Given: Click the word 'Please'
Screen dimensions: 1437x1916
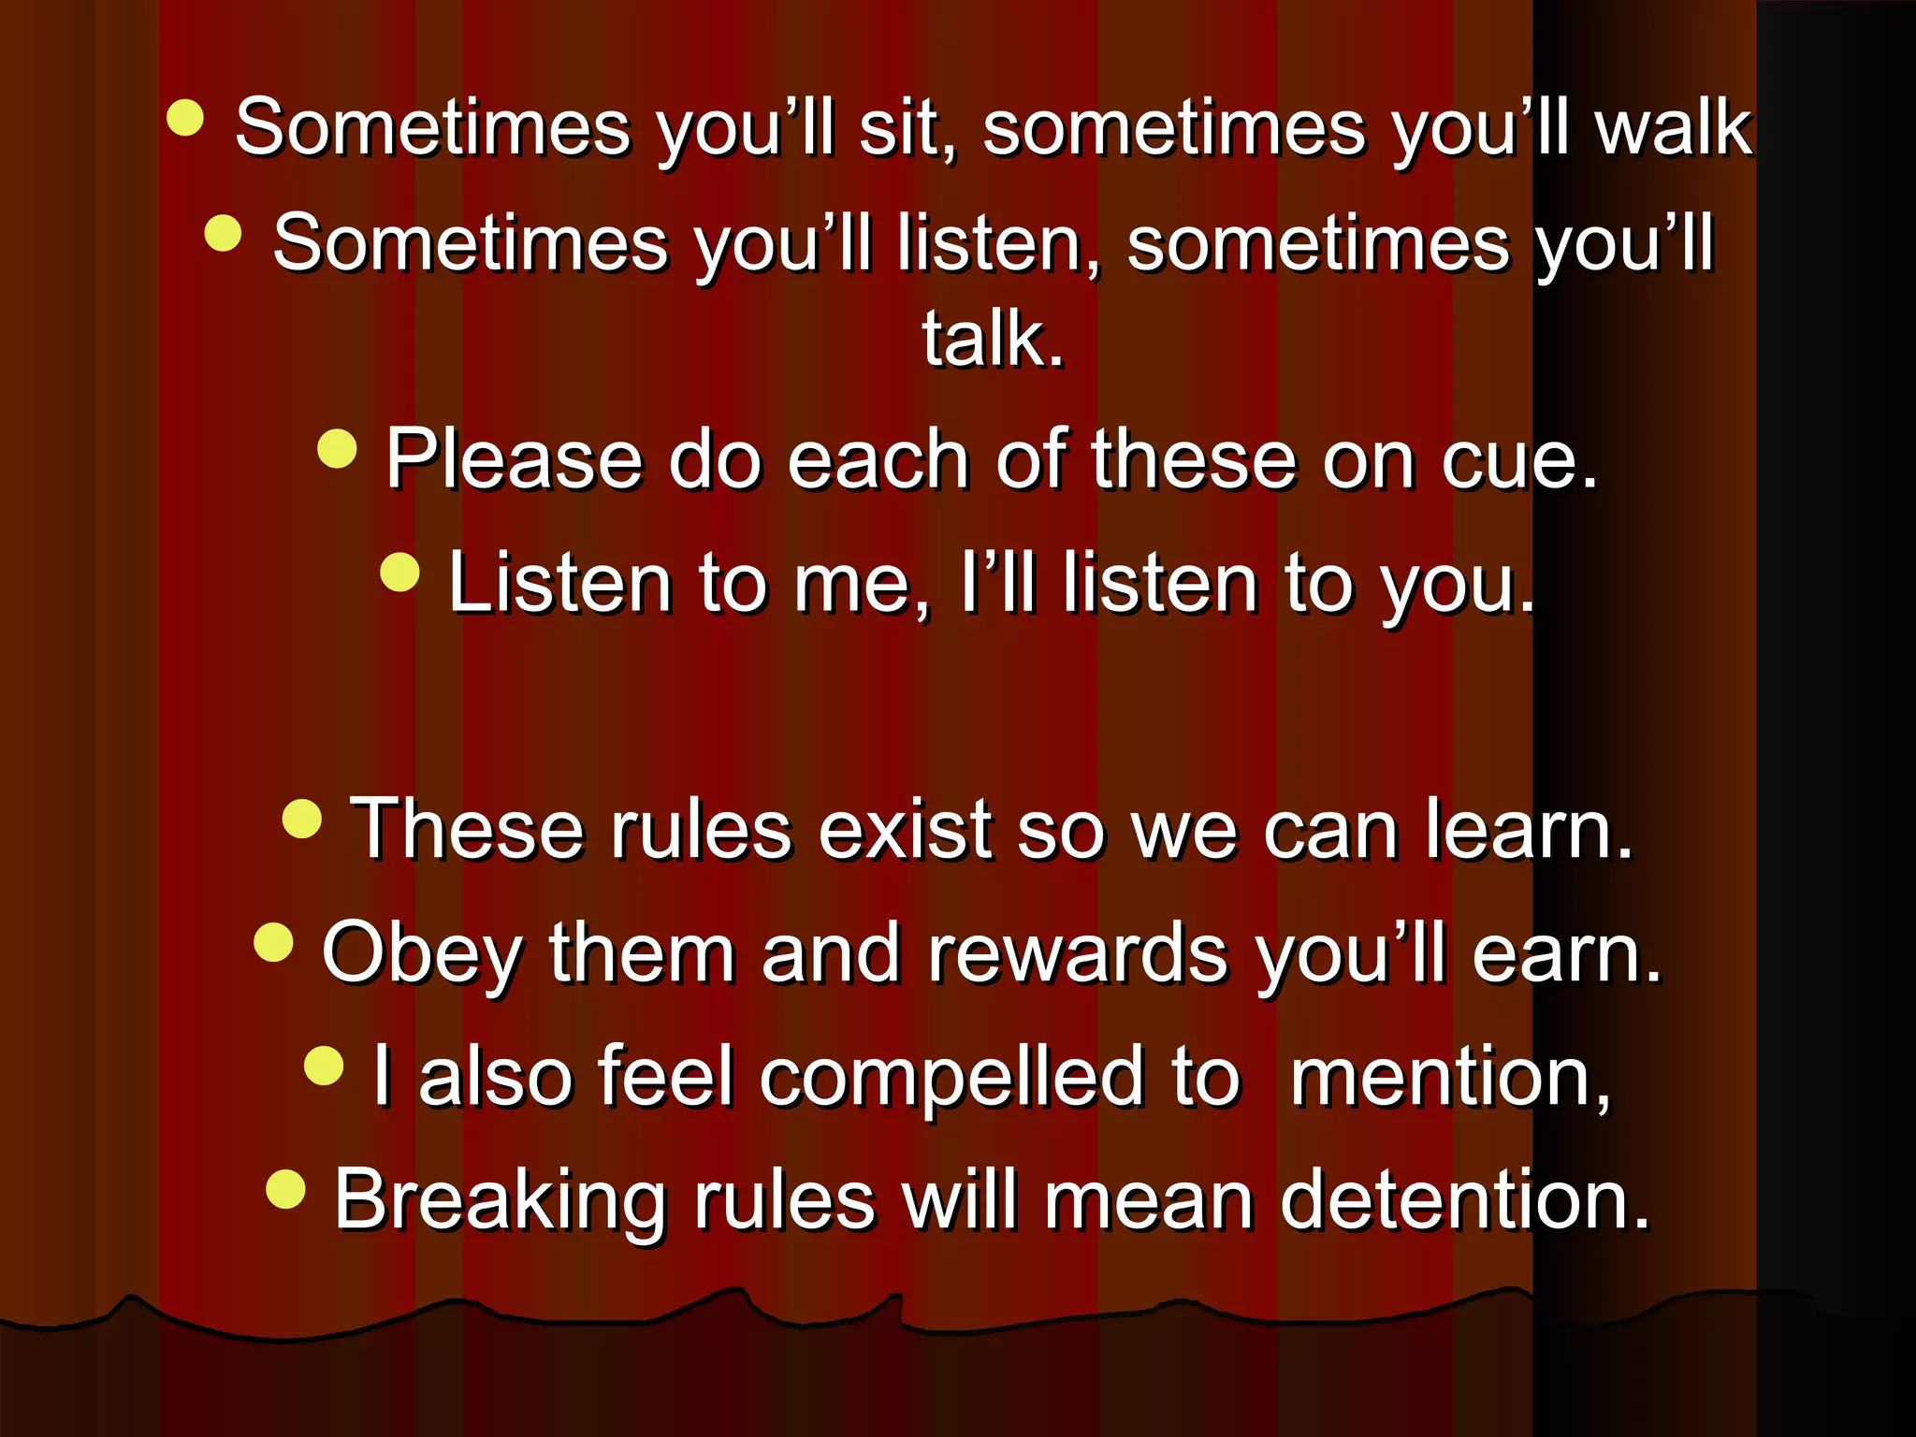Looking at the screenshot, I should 514,459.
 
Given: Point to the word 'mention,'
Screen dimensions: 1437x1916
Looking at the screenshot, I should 1450,1078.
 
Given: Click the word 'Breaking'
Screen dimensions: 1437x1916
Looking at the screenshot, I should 500,1201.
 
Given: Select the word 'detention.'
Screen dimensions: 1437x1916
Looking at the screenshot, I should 1464,1201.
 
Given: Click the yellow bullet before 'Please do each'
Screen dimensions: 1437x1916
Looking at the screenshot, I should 337,448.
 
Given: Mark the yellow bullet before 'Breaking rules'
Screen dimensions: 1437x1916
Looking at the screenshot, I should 285,1190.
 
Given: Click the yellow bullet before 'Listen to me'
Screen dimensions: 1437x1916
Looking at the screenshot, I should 400,572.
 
